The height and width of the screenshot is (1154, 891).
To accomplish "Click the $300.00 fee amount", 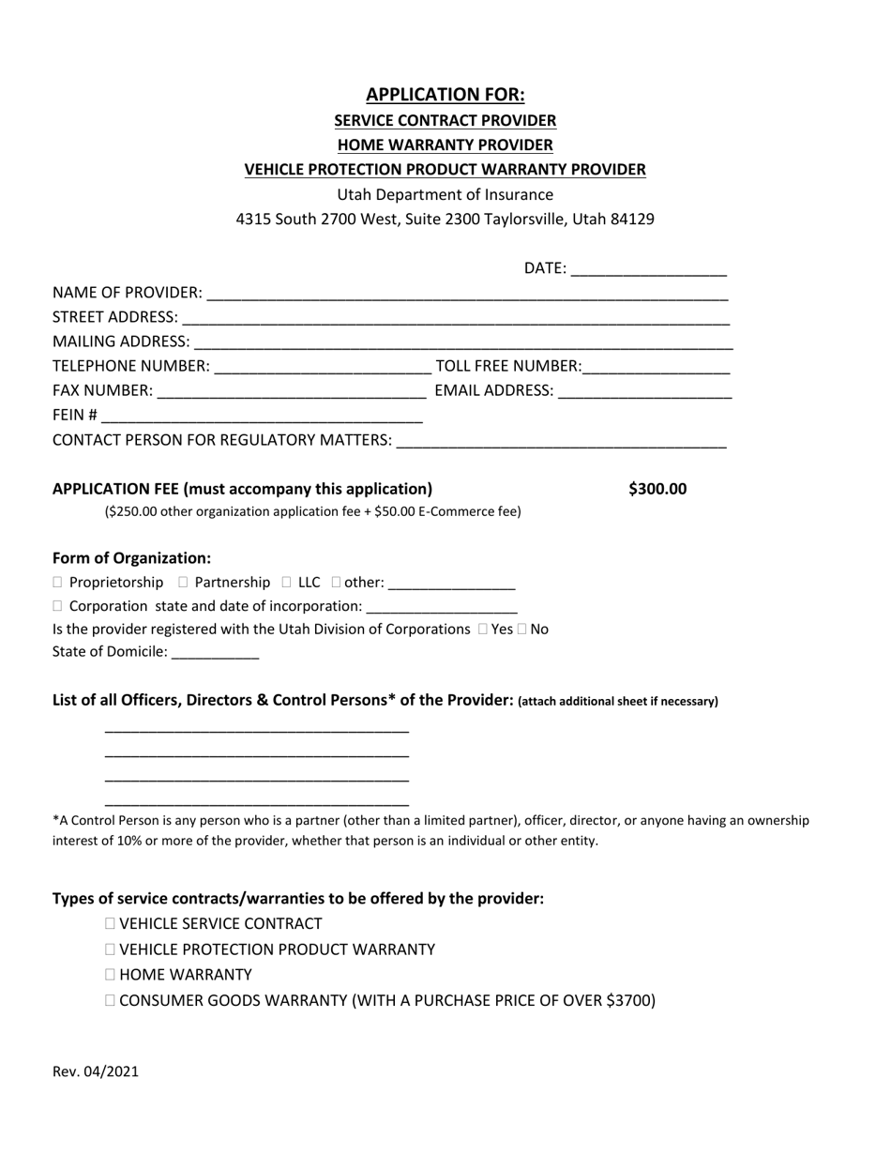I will pyautogui.click(x=657, y=489).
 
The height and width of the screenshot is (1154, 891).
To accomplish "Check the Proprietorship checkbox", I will pyautogui.click(x=58, y=583).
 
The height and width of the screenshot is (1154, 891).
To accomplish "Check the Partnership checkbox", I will pyautogui.click(x=183, y=583).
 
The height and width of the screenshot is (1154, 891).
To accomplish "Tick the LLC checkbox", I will pyautogui.click(x=286, y=583).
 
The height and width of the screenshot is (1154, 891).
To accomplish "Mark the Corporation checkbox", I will pyautogui.click(x=58, y=606).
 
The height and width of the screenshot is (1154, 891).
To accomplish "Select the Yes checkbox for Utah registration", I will pyautogui.click(x=482, y=630).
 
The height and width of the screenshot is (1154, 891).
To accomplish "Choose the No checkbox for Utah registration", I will pyautogui.click(x=521, y=630).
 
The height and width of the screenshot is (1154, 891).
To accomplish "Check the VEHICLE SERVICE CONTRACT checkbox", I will pyautogui.click(x=112, y=924).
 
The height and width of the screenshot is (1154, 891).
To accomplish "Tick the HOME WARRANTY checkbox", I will pyautogui.click(x=112, y=975).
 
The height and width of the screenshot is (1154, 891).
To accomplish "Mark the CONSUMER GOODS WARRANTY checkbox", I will pyautogui.click(x=112, y=1000).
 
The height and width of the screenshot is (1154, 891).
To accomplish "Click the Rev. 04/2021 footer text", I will pyautogui.click(x=96, y=1071).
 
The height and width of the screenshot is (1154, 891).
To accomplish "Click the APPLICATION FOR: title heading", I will pyautogui.click(x=445, y=95).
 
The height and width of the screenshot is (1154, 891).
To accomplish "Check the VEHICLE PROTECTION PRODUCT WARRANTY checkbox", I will pyautogui.click(x=112, y=949).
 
